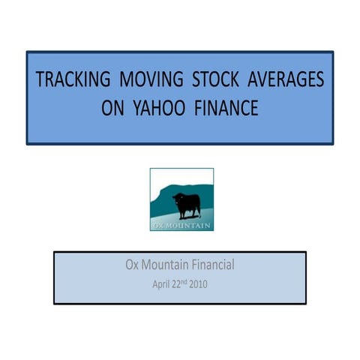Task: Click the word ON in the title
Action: (112, 109)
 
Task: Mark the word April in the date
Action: (162, 285)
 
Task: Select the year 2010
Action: (199, 285)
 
